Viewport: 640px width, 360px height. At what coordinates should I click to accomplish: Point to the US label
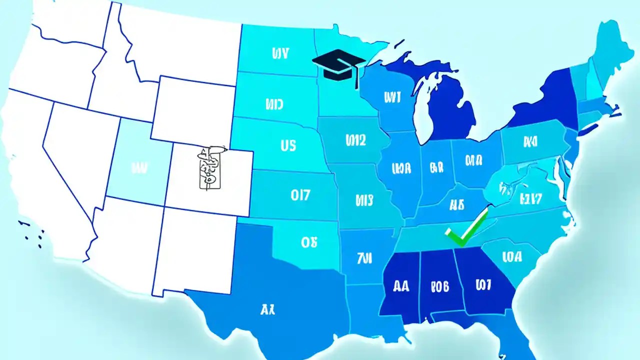(288, 145)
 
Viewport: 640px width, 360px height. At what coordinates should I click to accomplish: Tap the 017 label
(300, 195)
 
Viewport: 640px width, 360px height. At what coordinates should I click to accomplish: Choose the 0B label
(309, 242)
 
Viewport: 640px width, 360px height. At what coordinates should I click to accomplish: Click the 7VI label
(364, 258)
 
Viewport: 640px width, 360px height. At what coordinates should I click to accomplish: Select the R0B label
(439, 287)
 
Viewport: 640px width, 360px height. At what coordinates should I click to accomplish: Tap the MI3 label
(364, 200)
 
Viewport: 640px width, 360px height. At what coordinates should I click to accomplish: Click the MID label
(274, 104)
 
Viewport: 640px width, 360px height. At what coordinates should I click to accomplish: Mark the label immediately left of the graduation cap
(280, 53)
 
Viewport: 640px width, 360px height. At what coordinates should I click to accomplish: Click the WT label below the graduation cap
(392, 97)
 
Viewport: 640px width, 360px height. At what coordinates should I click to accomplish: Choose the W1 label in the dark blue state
(483, 285)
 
